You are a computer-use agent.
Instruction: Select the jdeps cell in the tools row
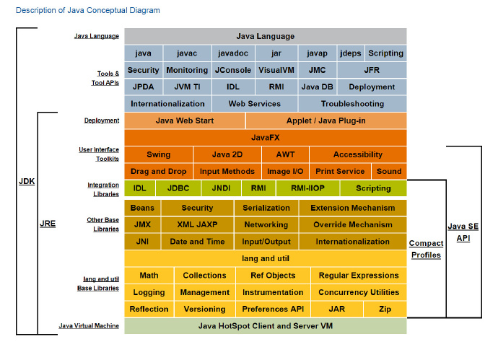[x=350, y=53]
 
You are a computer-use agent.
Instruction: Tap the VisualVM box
[x=276, y=70]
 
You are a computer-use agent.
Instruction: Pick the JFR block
[x=371, y=70]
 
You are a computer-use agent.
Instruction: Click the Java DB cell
[x=317, y=87]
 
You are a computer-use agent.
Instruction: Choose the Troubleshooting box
[x=352, y=103]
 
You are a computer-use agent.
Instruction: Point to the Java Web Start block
[x=184, y=120]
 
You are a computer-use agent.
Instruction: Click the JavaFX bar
[x=266, y=137]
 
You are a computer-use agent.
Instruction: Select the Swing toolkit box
[x=158, y=154]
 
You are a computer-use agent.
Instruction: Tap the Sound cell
[x=388, y=171]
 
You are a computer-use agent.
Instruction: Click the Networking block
[x=266, y=224]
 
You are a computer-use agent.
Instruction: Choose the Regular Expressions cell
[x=358, y=275]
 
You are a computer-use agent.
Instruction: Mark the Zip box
[x=385, y=309]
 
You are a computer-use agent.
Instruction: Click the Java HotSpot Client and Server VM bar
[x=266, y=326]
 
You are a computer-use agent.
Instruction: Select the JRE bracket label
[x=48, y=224]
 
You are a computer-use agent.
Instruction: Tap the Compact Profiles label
[x=425, y=249]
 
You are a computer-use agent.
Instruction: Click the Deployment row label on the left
[x=101, y=120]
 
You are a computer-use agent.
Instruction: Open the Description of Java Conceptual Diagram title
[x=87, y=10]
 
